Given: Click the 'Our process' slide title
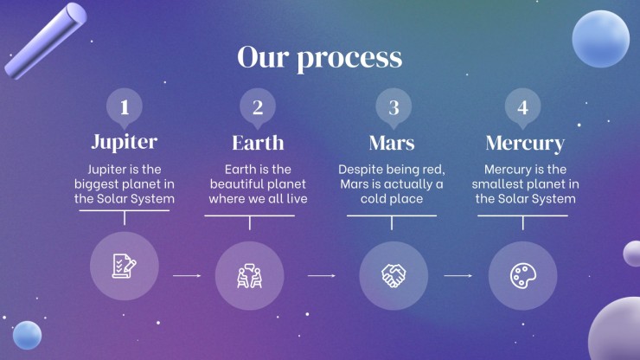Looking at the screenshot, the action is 320,58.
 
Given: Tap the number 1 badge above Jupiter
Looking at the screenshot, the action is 125,108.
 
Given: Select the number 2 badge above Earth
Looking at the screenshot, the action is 258,108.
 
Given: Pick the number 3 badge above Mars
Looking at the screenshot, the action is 394,108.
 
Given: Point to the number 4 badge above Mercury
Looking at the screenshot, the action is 523,108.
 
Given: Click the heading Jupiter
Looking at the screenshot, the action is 125,142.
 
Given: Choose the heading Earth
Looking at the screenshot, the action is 258,143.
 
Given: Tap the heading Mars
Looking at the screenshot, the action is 392,143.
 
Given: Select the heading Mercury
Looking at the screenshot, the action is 525,144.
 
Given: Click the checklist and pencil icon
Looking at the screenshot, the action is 124,266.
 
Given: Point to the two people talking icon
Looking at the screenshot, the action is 249,276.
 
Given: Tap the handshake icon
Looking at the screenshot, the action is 394,276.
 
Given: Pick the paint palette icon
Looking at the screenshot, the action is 523,276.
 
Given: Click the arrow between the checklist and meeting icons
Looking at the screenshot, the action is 187,276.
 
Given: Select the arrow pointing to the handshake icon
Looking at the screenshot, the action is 322,276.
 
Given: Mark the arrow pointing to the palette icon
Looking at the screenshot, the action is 458,276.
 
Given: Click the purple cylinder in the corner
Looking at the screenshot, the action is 45,41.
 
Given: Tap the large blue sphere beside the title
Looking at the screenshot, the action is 600,39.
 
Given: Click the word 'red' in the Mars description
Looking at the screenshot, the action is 433,169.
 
